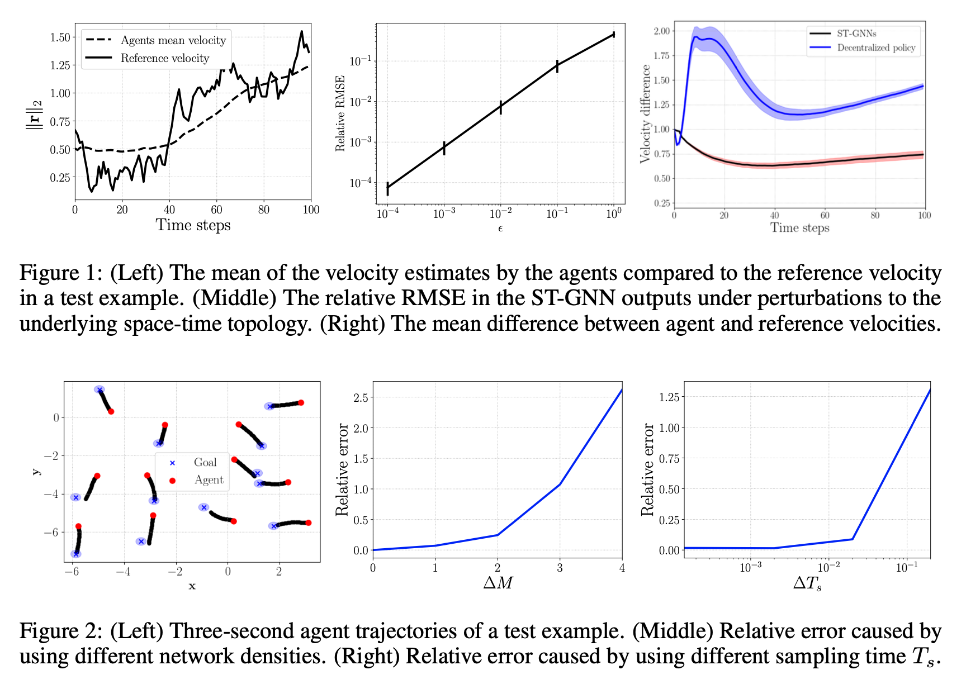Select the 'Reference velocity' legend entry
[x=164, y=58]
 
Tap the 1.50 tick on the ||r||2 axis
[x=60, y=37]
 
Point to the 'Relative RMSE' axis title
[x=340, y=113]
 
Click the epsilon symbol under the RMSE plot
[x=500, y=228]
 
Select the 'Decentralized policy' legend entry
[x=876, y=47]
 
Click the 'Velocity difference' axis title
[x=646, y=114]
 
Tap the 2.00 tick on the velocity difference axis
[x=662, y=31]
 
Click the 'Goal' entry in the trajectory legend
[x=205, y=463]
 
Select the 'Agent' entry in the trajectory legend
[x=209, y=480]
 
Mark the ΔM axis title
[x=498, y=583]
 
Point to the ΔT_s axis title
[x=807, y=584]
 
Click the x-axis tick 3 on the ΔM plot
[x=560, y=568]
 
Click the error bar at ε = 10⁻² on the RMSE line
[x=501, y=107]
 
